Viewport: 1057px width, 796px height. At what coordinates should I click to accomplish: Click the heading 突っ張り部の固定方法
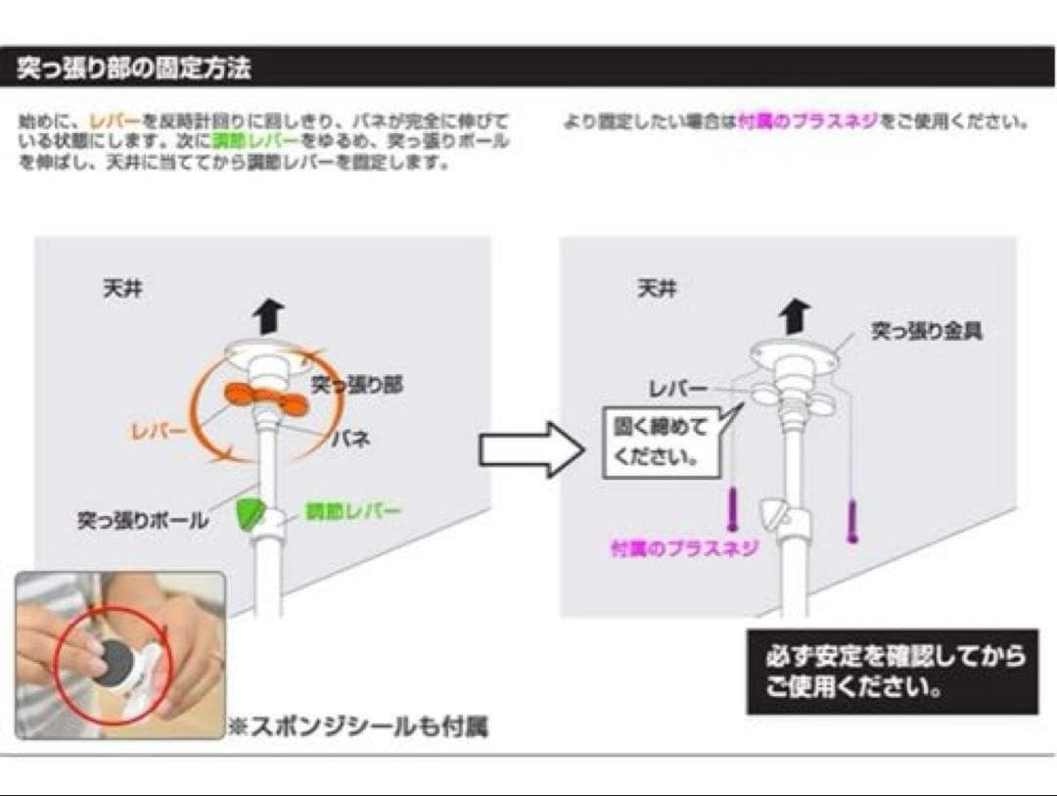135,69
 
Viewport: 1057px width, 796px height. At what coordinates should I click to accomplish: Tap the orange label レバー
160,428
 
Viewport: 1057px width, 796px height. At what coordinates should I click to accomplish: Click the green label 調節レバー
339,511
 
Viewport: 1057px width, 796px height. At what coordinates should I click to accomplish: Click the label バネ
348,440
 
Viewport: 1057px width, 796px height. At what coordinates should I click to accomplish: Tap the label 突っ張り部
356,385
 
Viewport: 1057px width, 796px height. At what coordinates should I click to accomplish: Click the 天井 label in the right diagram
657,291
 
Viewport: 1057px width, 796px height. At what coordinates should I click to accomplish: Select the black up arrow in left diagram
267,315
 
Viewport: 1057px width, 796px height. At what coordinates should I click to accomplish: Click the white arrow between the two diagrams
530,448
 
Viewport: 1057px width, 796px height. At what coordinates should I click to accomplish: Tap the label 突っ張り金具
927,333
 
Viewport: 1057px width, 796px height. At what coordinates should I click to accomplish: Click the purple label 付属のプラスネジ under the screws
684,548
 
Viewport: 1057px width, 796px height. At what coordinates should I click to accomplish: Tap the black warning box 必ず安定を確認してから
892,671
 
